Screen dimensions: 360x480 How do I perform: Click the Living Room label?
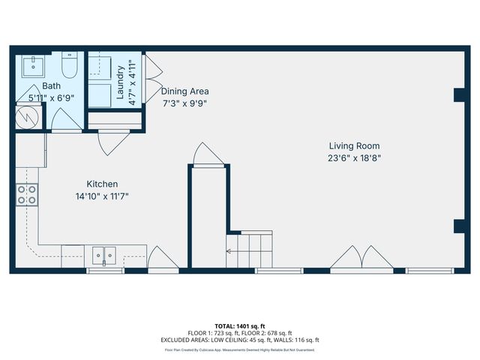[354, 145]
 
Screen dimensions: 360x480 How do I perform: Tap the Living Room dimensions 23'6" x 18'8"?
[354, 158]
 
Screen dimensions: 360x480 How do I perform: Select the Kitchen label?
[102, 184]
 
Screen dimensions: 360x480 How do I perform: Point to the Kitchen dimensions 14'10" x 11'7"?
[102, 196]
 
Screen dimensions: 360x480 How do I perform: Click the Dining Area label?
[184, 91]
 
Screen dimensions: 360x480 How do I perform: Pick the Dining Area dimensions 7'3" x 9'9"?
[184, 103]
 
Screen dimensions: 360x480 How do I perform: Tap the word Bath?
[51, 86]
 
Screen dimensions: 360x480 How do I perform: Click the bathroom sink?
[34, 67]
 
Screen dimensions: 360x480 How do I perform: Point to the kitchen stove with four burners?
[28, 195]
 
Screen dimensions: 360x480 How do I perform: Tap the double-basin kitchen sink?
[104, 255]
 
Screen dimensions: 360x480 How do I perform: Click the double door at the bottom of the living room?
[362, 257]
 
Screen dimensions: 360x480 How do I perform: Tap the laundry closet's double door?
[151, 75]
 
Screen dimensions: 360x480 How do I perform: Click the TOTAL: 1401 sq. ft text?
[240, 326]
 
